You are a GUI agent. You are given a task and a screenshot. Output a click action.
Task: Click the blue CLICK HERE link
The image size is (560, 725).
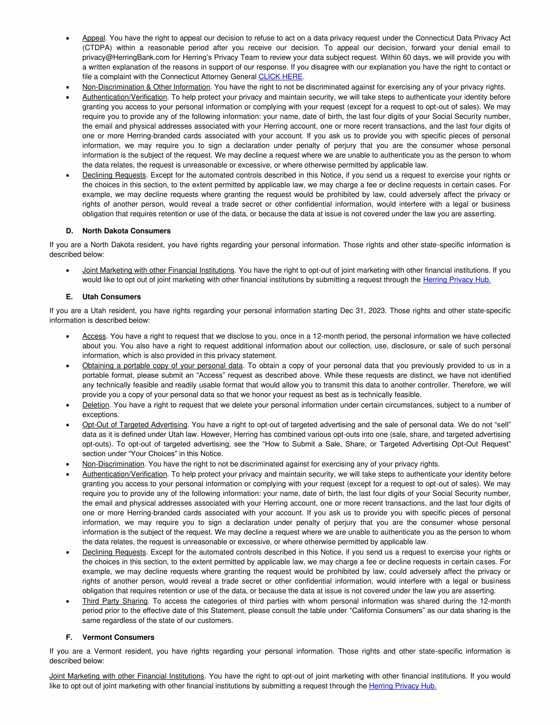tap(281, 77)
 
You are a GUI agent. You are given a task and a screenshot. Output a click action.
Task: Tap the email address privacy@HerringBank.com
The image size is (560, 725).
tap(126, 57)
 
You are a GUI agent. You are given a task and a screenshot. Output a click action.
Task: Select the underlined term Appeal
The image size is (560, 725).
tap(94, 38)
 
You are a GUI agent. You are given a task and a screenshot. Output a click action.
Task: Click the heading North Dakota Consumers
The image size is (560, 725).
tap(127, 231)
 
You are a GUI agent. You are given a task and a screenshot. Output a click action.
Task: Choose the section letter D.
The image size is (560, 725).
tap(69, 231)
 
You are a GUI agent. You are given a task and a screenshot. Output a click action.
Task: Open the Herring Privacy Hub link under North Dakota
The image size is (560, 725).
tap(456, 280)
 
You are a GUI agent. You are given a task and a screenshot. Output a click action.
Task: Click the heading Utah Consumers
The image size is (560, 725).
tap(112, 297)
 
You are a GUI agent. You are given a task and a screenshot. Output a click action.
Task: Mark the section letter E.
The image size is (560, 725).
tap(69, 297)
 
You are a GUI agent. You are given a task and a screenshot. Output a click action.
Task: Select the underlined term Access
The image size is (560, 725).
tap(94, 336)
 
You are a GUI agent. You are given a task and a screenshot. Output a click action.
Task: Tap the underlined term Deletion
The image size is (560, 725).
tap(96, 405)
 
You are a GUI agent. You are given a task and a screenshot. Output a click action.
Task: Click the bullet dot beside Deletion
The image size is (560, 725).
tap(68, 405)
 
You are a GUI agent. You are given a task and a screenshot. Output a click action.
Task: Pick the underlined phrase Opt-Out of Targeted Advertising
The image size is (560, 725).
tap(135, 425)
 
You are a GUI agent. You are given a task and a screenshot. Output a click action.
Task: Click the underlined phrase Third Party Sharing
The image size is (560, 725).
tap(115, 601)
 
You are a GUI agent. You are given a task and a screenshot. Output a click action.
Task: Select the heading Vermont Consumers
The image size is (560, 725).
tap(118, 637)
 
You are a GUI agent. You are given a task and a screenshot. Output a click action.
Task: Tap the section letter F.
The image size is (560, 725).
tap(69, 637)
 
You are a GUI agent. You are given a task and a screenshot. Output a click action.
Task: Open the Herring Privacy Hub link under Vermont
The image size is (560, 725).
tap(402, 686)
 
